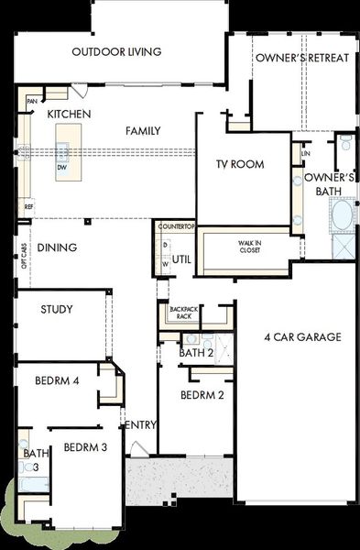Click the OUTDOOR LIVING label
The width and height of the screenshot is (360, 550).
(x=116, y=52)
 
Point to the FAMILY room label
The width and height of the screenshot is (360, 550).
(x=143, y=131)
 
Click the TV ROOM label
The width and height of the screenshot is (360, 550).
(x=240, y=165)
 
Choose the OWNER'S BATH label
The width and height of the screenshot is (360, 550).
(x=329, y=183)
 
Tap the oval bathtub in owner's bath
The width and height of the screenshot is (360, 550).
(x=342, y=216)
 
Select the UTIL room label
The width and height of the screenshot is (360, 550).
(x=181, y=259)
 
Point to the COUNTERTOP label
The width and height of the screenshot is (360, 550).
(x=175, y=225)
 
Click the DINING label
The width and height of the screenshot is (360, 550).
(x=57, y=247)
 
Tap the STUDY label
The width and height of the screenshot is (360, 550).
(x=57, y=310)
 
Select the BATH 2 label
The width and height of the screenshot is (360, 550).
(x=195, y=353)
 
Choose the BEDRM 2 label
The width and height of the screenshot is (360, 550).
(x=202, y=396)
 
